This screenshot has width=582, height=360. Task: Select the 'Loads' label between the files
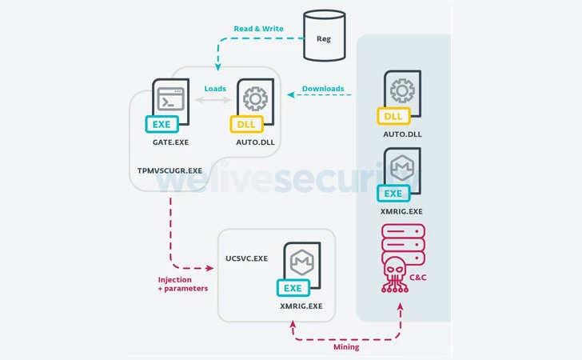214,89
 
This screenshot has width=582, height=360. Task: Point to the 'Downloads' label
323,89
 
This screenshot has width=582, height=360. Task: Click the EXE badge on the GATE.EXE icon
161,124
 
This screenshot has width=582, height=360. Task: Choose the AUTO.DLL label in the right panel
401,134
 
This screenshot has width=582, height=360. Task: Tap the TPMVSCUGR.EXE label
169,171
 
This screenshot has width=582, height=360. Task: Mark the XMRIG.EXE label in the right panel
401,211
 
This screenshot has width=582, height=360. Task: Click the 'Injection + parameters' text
183,284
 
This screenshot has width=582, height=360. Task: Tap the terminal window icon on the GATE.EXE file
169,101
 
